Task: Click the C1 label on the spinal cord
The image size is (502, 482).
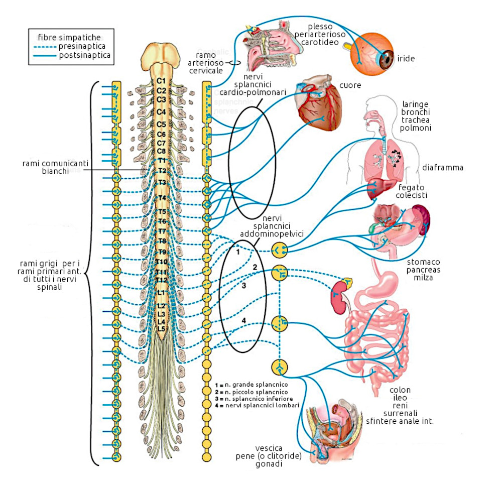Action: [161, 80]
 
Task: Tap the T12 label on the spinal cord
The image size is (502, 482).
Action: [161, 280]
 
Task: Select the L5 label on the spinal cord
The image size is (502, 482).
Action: [161, 328]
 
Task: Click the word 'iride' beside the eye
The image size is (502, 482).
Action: [406, 59]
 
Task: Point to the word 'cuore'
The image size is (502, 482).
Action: [350, 85]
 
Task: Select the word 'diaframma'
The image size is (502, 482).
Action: [442, 167]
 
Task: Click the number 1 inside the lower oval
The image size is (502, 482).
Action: [238, 252]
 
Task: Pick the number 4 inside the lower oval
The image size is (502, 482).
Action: [244, 320]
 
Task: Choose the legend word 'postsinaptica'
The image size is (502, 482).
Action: [84, 55]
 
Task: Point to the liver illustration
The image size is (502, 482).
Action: [378, 190]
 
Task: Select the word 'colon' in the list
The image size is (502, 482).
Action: [400, 390]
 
